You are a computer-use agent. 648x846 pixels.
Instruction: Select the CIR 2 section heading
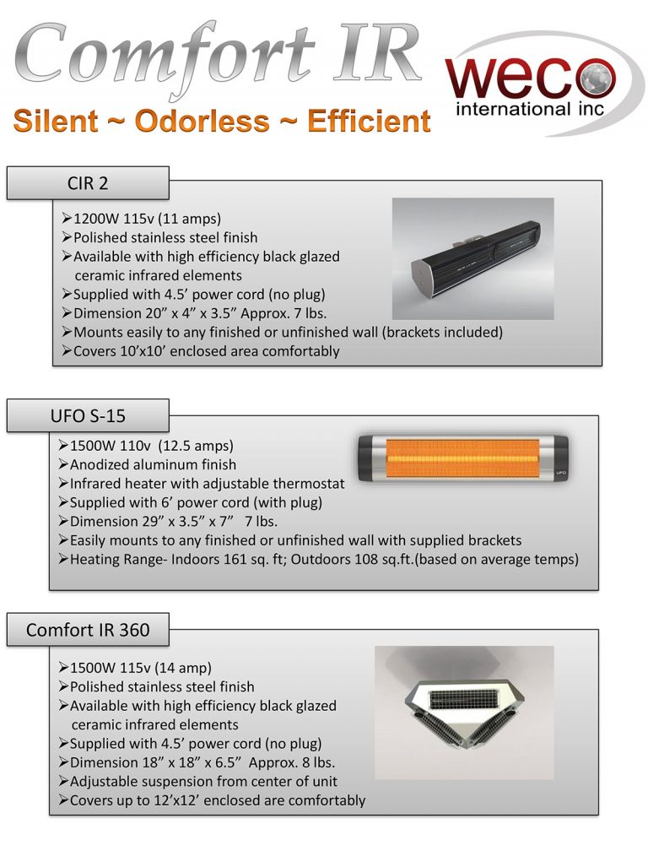pyautogui.click(x=88, y=182)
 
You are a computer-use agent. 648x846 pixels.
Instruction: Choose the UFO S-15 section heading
pyautogui.click(x=88, y=416)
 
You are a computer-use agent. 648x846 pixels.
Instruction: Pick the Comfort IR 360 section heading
pyautogui.click(x=88, y=630)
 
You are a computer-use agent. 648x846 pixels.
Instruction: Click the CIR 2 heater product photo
pyautogui.click(x=472, y=258)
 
